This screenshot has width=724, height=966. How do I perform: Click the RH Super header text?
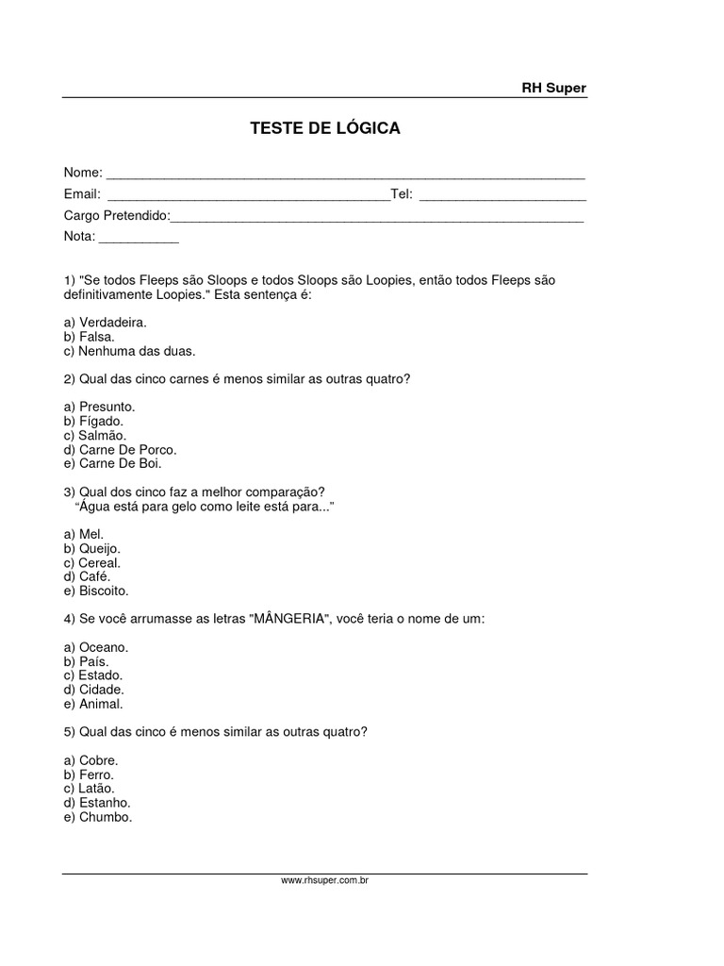tap(553, 88)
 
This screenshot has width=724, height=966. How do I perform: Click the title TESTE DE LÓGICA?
tap(324, 128)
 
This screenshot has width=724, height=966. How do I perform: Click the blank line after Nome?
tap(345, 175)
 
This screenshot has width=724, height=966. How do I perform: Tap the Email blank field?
tap(248, 195)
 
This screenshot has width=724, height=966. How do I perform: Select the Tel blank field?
tap(502, 195)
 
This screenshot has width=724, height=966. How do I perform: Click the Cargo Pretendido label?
tap(116, 216)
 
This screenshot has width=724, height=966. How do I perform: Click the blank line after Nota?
tap(139, 238)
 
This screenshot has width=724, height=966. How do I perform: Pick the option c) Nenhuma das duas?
tap(129, 351)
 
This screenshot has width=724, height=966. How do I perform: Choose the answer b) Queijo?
tap(92, 548)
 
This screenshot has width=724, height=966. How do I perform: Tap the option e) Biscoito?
tap(95, 591)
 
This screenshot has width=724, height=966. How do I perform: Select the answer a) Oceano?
tap(95, 647)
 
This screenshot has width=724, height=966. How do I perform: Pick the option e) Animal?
tap(93, 704)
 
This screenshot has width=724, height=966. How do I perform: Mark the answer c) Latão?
tap(89, 789)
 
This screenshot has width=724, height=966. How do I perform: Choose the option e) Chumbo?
tap(98, 817)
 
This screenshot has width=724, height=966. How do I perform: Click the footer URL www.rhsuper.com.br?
tap(324, 880)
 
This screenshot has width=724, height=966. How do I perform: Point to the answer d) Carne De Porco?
tap(120, 449)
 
